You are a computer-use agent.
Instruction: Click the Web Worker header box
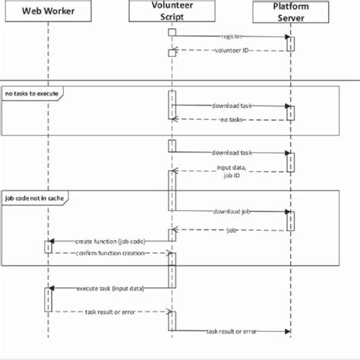point(47,12)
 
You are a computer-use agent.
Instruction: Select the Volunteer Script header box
point(172,12)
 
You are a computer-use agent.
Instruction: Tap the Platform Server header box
point(290,12)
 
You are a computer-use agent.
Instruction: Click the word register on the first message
point(232,36)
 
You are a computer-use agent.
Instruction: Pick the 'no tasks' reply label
point(231,120)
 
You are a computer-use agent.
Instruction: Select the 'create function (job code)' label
point(110,241)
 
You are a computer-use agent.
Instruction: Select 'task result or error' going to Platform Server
point(231,331)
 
